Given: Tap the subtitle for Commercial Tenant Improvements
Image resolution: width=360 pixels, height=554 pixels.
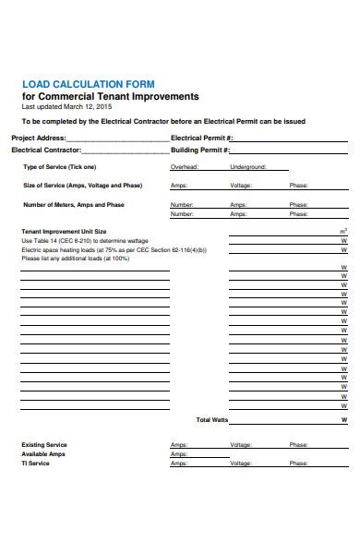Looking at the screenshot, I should (x=110, y=97).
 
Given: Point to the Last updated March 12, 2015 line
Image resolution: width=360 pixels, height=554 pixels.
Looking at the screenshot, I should (x=73, y=107).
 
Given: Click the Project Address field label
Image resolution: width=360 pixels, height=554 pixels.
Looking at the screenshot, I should (x=38, y=138).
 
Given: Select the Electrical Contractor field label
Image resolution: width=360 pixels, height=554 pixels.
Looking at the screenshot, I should (x=46, y=150).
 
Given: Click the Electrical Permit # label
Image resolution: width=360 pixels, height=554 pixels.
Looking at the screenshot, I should (x=200, y=138).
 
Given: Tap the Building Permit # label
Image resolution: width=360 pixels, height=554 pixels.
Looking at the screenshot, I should (x=199, y=150).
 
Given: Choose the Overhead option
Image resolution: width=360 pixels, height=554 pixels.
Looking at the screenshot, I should (x=185, y=167).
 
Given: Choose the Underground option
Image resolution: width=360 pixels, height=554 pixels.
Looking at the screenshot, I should (x=247, y=167).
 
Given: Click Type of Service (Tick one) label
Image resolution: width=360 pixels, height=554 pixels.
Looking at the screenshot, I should (x=59, y=167).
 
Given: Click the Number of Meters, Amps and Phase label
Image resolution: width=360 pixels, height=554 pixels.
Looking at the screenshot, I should (x=73, y=204).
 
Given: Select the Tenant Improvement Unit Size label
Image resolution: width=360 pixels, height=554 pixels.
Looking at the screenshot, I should (x=64, y=231).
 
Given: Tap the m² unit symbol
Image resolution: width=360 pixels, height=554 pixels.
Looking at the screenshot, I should (x=343, y=231).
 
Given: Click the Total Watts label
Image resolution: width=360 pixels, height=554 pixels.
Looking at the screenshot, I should (x=211, y=419).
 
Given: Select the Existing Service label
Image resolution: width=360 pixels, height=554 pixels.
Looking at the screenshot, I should (x=43, y=445).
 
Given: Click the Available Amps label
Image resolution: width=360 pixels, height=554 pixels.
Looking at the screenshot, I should (x=42, y=454).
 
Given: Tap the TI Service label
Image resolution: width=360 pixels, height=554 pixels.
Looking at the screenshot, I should (x=36, y=464).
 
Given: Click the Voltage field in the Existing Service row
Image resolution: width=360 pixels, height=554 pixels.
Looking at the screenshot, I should (x=241, y=445).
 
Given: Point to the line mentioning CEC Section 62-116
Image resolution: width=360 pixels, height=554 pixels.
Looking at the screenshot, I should (x=113, y=249).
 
